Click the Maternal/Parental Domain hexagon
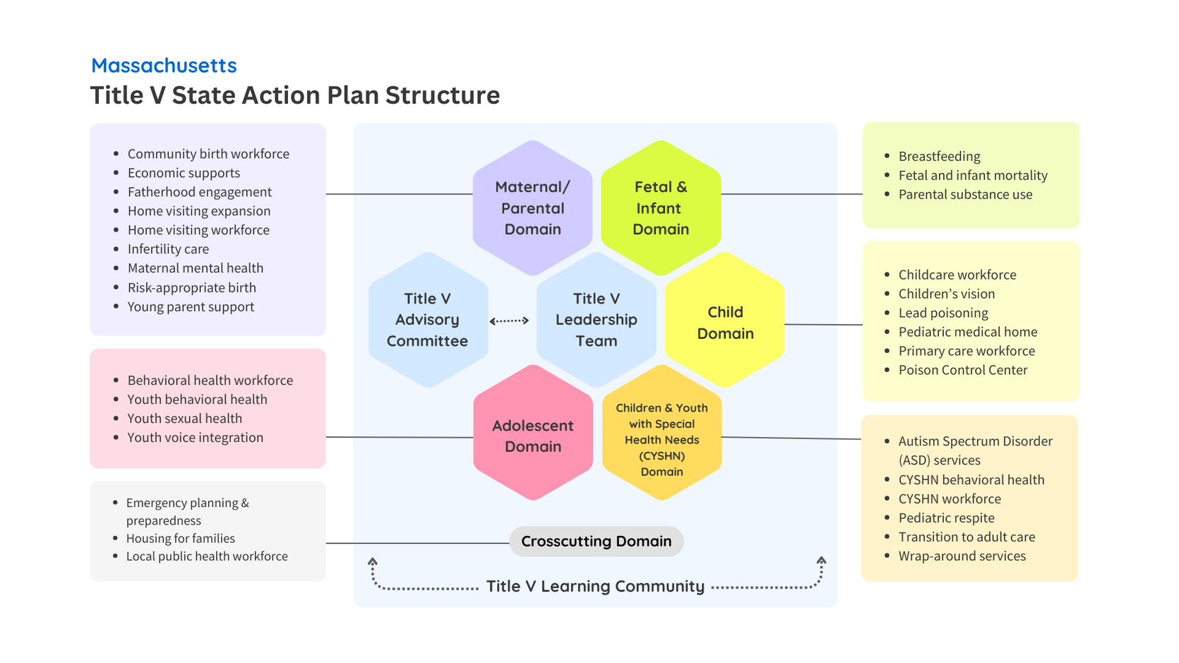[532, 208]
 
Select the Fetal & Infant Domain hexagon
[661, 208]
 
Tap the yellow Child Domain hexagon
[725, 320]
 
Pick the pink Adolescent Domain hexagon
[533, 432]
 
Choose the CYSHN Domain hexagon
[662, 432]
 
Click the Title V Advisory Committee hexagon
[428, 320]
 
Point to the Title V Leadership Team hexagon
[597, 320]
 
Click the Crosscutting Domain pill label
[597, 542]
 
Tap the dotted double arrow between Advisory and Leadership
[509, 321]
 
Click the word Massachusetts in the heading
[164, 65]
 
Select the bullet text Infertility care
[169, 249]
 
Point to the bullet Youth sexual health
[185, 419]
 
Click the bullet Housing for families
[181, 538]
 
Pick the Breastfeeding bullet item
[940, 157]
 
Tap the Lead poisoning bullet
[943, 313]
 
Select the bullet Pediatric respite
[946, 518]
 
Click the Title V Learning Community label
[595, 586]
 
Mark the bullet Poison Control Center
[963, 370]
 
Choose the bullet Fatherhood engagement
[200, 192]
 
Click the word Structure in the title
[443, 95]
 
